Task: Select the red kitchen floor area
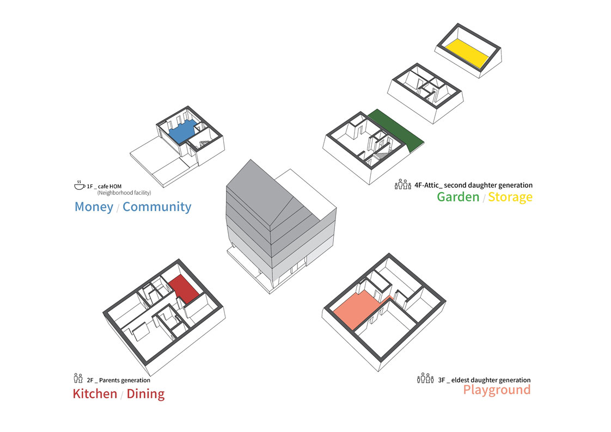(x=182, y=288)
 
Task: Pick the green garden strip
(x=396, y=129)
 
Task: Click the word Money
(x=94, y=207)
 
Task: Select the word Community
(x=157, y=207)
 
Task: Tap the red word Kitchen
(x=95, y=393)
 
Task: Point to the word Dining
(x=145, y=393)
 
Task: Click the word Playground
(x=497, y=390)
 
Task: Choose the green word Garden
(x=458, y=197)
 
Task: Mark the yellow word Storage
(x=510, y=197)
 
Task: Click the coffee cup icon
(x=80, y=185)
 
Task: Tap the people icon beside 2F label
(x=77, y=379)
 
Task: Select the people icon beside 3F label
(x=425, y=379)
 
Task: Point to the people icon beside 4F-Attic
(x=402, y=184)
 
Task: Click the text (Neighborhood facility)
(x=124, y=193)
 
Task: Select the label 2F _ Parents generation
(x=118, y=380)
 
